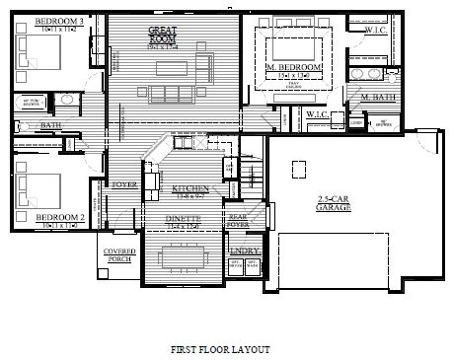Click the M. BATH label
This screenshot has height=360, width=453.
378,97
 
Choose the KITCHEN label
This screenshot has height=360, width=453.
188,188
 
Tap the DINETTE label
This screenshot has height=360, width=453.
184,217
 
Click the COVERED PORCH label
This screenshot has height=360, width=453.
119,255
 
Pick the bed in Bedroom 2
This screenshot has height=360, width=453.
34,187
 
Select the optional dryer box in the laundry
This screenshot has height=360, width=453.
235,265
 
